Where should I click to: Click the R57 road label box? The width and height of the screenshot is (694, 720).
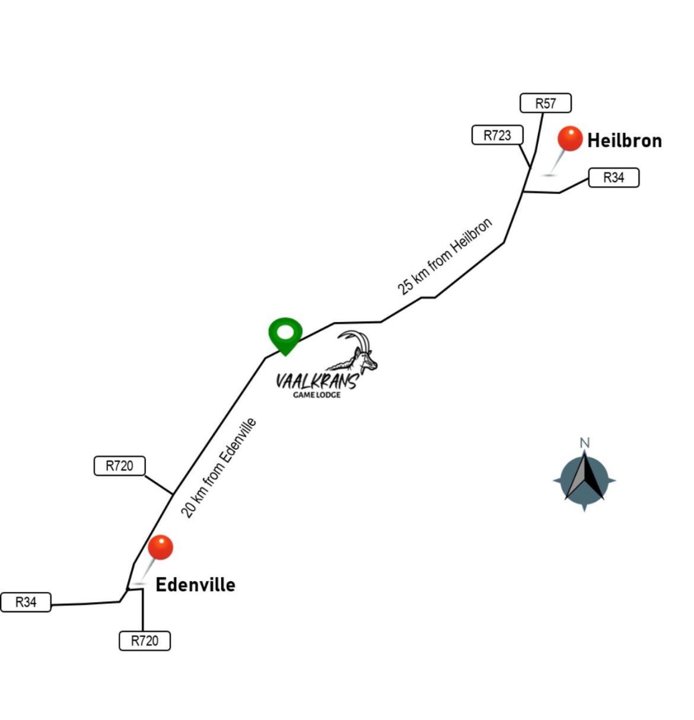[545, 103]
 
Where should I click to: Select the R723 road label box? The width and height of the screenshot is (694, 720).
[497, 135]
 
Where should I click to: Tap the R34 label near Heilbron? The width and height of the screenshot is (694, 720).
[613, 177]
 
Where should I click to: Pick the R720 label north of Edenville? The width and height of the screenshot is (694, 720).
[120, 466]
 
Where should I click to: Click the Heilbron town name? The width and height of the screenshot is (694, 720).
[625, 141]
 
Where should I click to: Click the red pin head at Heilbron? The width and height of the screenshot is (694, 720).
[570, 138]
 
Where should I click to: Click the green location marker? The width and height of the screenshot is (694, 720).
[285, 335]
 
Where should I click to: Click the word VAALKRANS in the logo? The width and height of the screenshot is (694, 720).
[317, 381]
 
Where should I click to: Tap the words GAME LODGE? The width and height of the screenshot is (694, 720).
[317, 395]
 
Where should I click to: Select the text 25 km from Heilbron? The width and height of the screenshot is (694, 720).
[444, 256]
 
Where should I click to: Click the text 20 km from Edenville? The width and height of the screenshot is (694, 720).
[218, 468]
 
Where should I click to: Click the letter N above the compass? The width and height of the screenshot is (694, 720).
[584, 442]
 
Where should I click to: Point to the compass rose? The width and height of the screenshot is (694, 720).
[584, 480]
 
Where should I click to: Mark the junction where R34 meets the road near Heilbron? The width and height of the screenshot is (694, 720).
[523, 192]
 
